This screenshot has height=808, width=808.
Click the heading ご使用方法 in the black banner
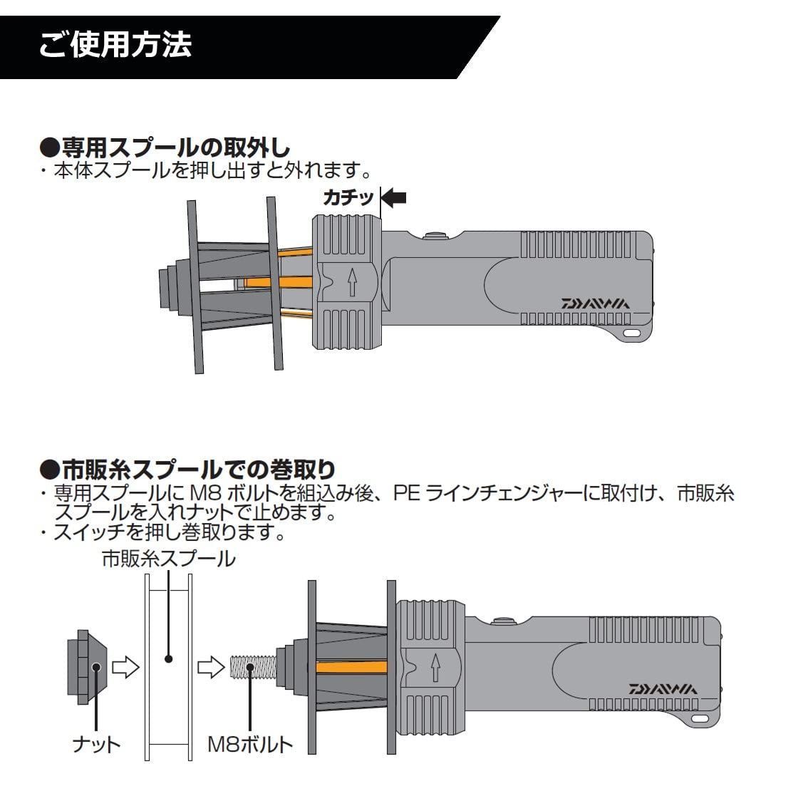coord(115,44)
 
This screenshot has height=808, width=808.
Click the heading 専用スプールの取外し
coord(165,148)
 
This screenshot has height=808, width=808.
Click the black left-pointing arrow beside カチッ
coord(394,197)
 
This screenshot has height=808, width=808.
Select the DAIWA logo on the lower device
coord(663,688)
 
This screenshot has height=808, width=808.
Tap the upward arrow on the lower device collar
coord(435,669)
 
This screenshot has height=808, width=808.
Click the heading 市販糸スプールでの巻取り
coord(188,470)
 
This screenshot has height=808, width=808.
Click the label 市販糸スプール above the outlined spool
coord(168,559)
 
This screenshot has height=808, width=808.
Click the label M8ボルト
coord(250,745)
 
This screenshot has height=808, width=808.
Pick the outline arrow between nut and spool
coord(125,668)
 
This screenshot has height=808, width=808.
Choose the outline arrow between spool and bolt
coord(210,668)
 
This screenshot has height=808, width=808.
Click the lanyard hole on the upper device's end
coord(631,333)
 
